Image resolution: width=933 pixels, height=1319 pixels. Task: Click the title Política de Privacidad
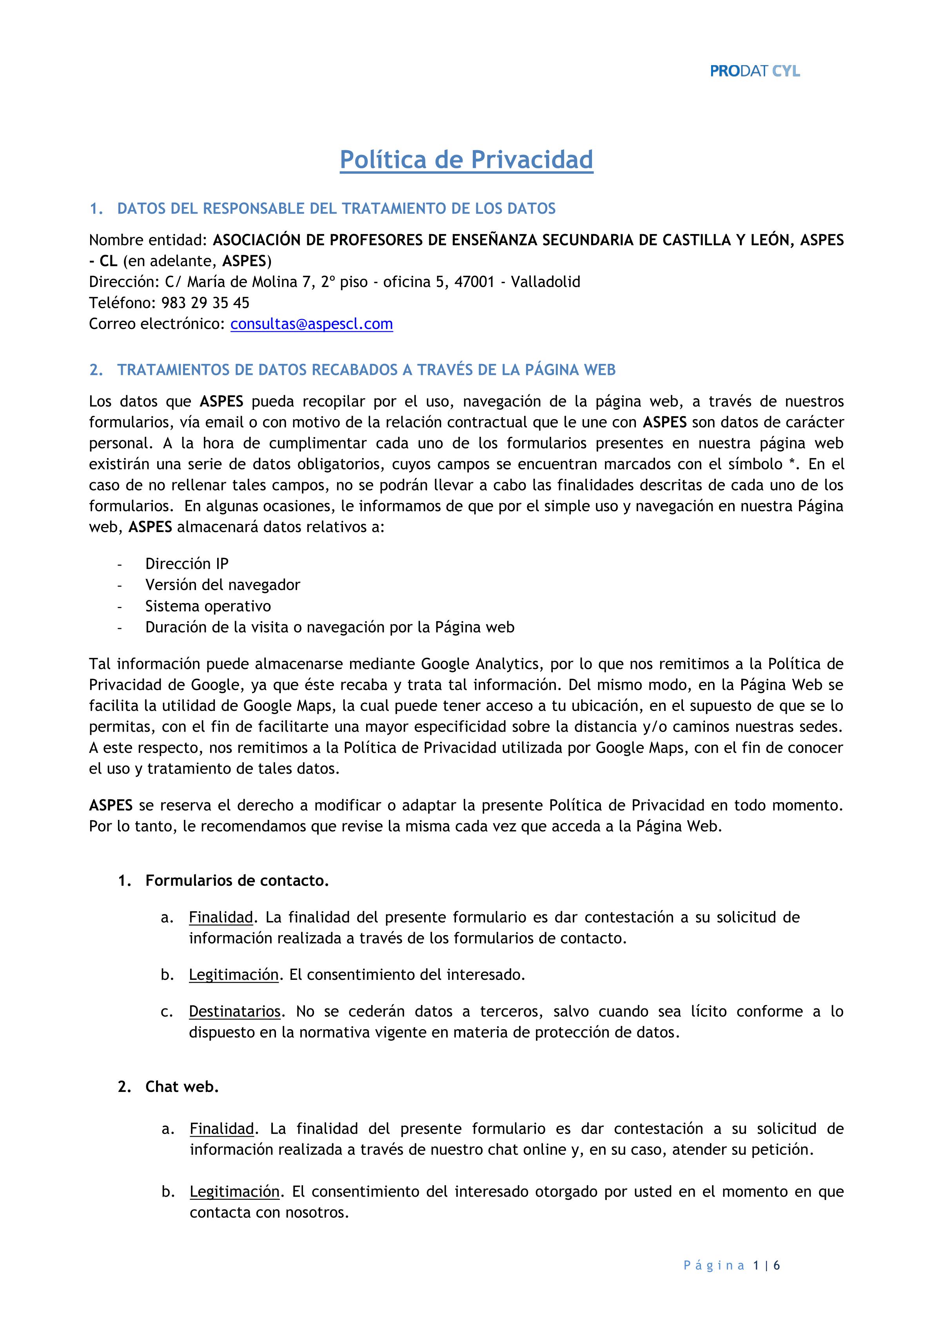tap(466, 160)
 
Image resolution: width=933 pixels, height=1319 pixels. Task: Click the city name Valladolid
tap(545, 282)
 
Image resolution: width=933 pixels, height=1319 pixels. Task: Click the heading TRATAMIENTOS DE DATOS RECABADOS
tap(366, 370)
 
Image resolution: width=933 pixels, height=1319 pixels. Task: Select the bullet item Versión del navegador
tap(222, 585)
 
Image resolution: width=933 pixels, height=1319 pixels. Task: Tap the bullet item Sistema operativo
tap(208, 606)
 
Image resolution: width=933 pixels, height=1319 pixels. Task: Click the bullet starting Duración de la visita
tap(329, 627)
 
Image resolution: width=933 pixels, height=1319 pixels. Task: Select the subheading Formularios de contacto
tap(237, 881)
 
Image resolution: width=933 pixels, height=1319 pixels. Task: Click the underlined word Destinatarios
tap(234, 1011)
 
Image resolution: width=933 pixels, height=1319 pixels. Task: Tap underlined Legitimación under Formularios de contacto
tap(233, 975)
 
